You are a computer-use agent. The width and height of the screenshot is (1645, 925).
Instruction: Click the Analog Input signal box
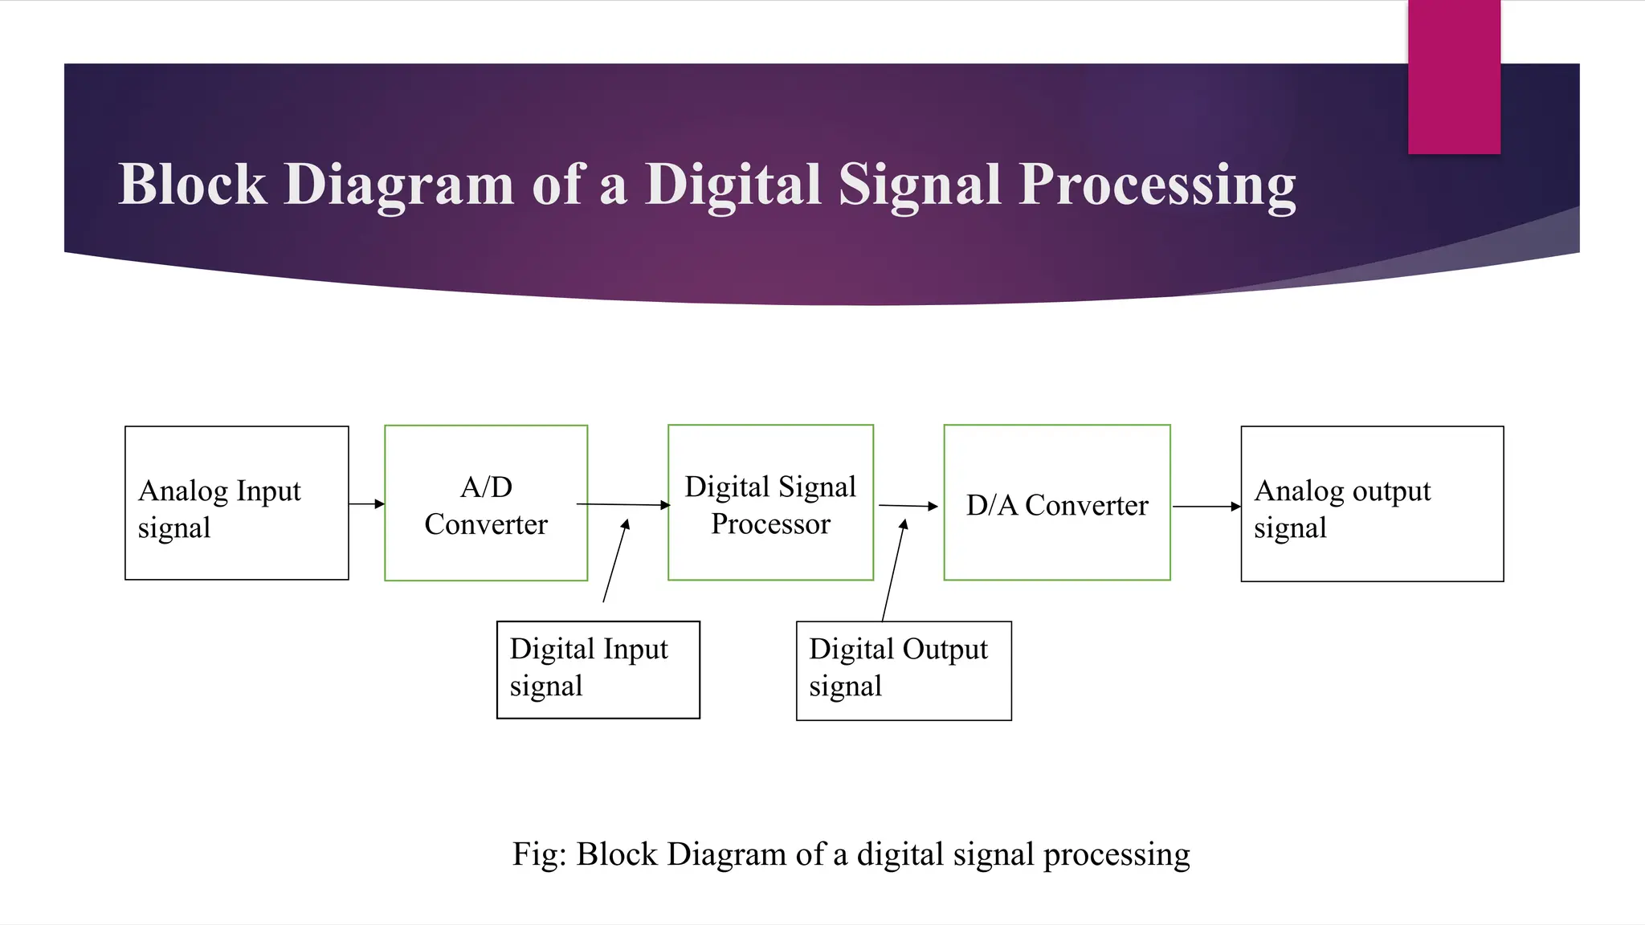(x=237, y=503)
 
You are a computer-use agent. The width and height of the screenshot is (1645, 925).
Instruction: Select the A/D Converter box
(x=486, y=503)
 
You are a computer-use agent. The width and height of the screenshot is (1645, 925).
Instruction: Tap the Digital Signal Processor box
(x=770, y=503)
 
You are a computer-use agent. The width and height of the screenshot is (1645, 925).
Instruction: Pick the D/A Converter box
(x=1057, y=503)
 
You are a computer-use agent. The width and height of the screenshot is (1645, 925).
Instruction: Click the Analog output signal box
(x=1372, y=504)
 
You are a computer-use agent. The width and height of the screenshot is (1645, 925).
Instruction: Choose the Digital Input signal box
(x=598, y=670)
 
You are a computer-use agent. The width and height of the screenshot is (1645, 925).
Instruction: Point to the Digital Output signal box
(x=904, y=670)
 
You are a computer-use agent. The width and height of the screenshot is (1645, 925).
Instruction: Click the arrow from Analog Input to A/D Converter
(x=367, y=504)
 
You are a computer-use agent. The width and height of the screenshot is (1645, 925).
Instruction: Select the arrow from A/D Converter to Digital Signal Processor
(x=623, y=505)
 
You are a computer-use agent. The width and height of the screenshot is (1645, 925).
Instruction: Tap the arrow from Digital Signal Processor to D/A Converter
(x=908, y=506)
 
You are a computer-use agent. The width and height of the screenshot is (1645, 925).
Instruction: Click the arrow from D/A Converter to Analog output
(x=1206, y=507)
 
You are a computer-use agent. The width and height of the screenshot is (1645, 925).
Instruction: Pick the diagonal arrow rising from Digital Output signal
(x=893, y=570)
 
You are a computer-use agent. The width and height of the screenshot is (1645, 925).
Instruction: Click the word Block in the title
(x=193, y=185)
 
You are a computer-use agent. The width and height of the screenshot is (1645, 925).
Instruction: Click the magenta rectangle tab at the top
(x=1454, y=77)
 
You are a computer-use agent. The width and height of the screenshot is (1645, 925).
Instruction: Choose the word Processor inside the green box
(x=770, y=524)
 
